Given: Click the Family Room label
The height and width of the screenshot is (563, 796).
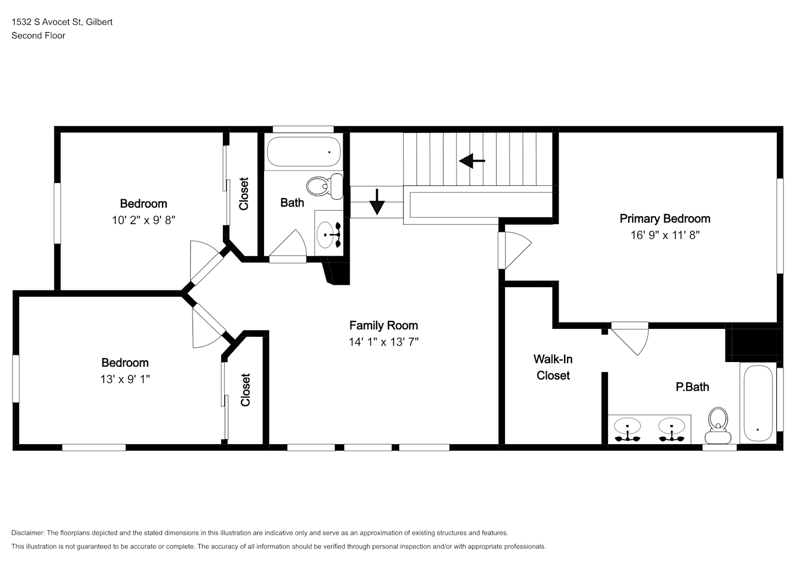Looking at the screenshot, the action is coord(383,325).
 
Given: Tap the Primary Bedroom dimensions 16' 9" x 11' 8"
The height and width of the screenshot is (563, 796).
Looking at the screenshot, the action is coord(665,235).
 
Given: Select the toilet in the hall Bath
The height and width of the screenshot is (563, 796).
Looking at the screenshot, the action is coord(325,186).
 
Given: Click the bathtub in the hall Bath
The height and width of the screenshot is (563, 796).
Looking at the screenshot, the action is coord(303,152).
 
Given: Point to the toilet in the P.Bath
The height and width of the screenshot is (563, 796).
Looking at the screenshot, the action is coord(718,426).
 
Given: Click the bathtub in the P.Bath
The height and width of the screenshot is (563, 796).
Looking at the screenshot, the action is coord(758,403).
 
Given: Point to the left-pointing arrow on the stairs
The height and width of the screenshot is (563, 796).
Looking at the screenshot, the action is coord(472,161).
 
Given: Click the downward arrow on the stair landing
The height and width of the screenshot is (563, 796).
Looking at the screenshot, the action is coord(377,202).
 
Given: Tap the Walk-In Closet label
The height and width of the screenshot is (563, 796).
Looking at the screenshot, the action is coord(553,367).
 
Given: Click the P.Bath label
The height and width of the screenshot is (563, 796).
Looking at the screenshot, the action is coord(692,387).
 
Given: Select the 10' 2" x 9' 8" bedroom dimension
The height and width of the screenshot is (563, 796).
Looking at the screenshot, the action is coord(144,220).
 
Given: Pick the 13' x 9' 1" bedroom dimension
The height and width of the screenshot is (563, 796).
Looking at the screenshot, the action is coord(125,379).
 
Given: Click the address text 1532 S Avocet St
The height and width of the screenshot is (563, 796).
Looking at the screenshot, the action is coord(47,22).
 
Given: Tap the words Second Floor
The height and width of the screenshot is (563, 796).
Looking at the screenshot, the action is coord(38,35).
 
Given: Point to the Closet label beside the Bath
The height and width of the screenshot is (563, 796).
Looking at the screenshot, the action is coord(243,194).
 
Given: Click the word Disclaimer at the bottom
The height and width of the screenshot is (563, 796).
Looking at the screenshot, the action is coord(28,533).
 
